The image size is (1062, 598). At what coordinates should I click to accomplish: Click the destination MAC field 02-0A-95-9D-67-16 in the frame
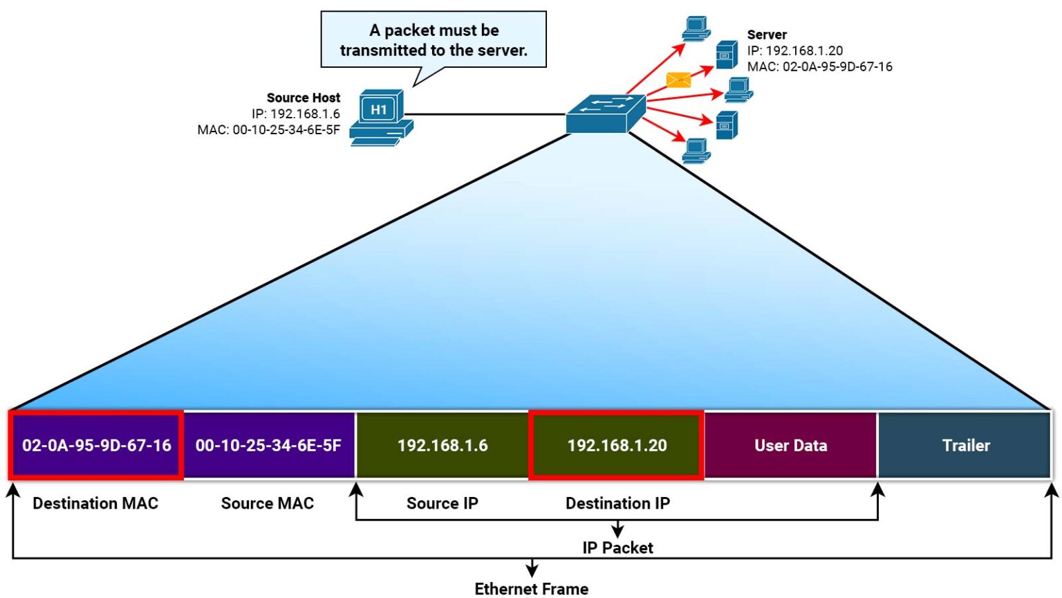(96, 445)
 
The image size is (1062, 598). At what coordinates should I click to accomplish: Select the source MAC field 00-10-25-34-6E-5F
(268, 445)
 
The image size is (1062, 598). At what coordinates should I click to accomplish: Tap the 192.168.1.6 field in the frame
(442, 445)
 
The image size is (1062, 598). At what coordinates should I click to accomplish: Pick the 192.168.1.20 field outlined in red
(617, 445)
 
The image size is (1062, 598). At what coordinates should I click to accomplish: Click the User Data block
(790, 445)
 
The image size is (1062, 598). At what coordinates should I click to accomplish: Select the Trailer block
(965, 445)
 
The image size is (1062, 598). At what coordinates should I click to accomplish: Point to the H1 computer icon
(380, 117)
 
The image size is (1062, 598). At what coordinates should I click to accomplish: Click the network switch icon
(606, 114)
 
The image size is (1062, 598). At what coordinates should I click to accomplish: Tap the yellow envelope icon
(678, 80)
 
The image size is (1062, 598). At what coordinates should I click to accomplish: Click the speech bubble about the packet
(434, 40)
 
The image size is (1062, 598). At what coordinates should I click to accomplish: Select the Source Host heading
(303, 98)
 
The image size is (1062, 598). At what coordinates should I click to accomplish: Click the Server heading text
(767, 35)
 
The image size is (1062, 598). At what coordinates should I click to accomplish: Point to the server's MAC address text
(819, 67)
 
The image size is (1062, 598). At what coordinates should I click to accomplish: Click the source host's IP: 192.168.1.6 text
(295, 114)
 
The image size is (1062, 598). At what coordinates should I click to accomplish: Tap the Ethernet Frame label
(531, 588)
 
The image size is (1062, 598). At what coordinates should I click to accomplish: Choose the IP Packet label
(617, 547)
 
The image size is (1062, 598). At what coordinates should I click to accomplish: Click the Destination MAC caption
(95, 503)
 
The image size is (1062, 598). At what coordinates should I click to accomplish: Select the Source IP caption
(442, 503)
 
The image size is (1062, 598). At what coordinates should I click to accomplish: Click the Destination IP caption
(617, 503)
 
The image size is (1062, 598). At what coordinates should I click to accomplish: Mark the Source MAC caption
(267, 503)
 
